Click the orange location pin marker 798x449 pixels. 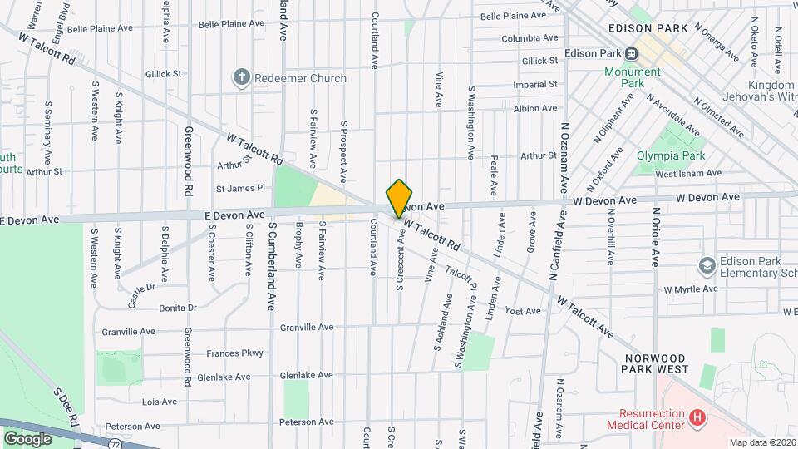[x=400, y=198]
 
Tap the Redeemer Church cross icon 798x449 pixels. [x=242, y=78]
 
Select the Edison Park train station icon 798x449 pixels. [x=632, y=54]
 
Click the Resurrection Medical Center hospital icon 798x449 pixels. [x=698, y=416]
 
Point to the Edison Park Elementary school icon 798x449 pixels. [x=707, y=265]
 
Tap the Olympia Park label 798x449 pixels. [x=671, y=155]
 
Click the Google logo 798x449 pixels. [x=27, y=438]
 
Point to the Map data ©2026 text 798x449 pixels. [x=761, y=442]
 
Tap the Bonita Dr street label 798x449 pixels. [x=179, y=308]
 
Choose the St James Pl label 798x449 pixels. [x=239, y=189]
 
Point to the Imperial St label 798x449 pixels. [x=535, y=85]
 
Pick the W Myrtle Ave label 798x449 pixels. [x=689, y=289]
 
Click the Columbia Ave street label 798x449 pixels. [x=530, y=38]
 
